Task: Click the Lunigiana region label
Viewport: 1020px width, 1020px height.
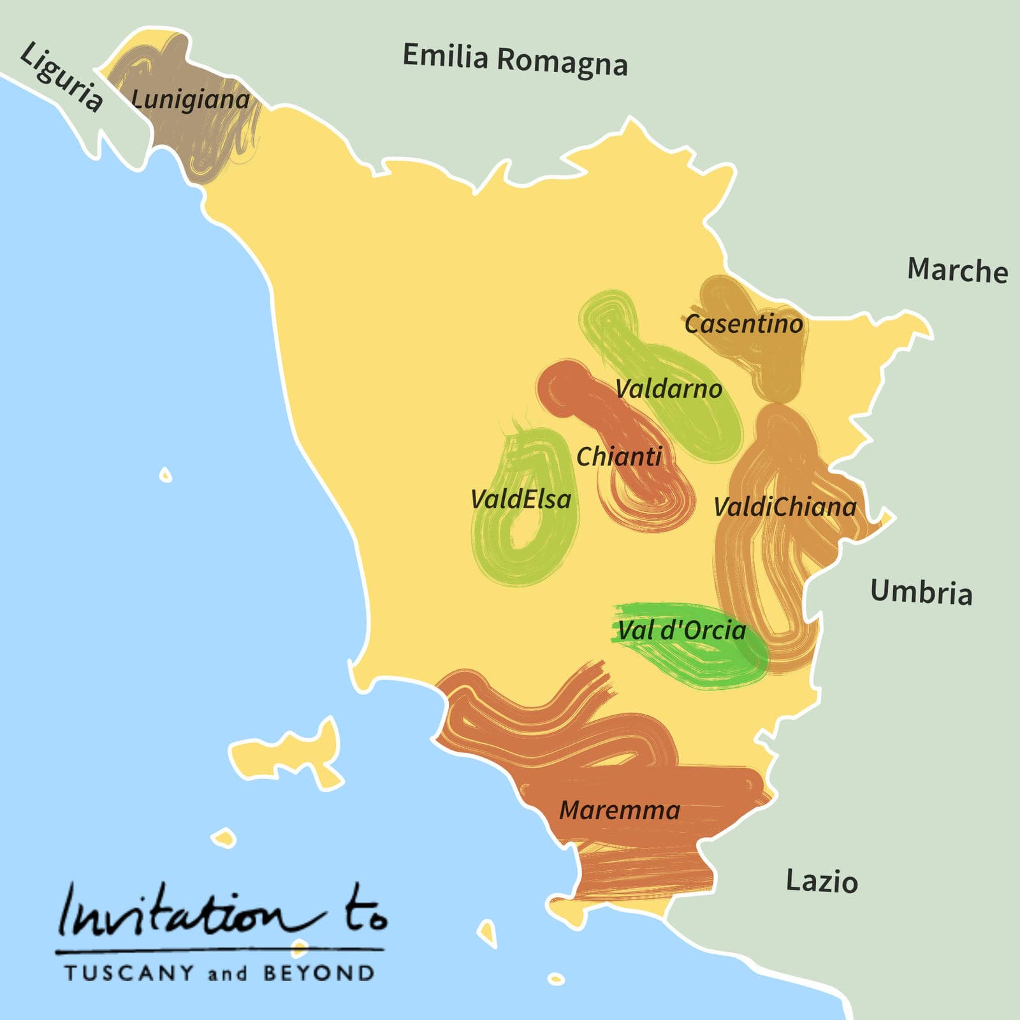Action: pyautogui.click(x=190, y=99)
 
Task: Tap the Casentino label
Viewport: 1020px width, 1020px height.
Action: pyautogui.click(x=743, y=324)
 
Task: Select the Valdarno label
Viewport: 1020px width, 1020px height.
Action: pyautogui.click(x=669, y=389)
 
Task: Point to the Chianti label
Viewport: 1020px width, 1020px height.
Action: pyautogui.click(x=619, y=456)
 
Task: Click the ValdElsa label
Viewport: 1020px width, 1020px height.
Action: pyautogui.click(x=520, y=499)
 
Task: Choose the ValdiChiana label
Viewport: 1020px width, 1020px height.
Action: pyautogui.click(x=785, y=507)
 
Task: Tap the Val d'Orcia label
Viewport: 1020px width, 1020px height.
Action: pyautogui.click(x=681, y=630)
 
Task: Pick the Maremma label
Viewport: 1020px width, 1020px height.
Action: pyautogui.click(x=620, y=810)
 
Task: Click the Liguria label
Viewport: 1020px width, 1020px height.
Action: pyautogui.click(x=61, y=76)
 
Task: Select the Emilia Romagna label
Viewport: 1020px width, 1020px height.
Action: pyautogui.click(x=515, y=60)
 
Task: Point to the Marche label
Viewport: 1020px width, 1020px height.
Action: pyautogui.click(x=958, y=270)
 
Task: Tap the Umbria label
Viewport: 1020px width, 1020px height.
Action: pyautogui.click(x=921, y=592)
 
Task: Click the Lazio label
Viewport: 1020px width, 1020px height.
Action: pyautogui.click(x=822, y=881)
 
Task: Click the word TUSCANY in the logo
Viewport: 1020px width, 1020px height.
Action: pyautogui.click(x=129, y=973)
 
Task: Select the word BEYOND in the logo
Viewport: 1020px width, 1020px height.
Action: pyautogui.click(x=319, y=973)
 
